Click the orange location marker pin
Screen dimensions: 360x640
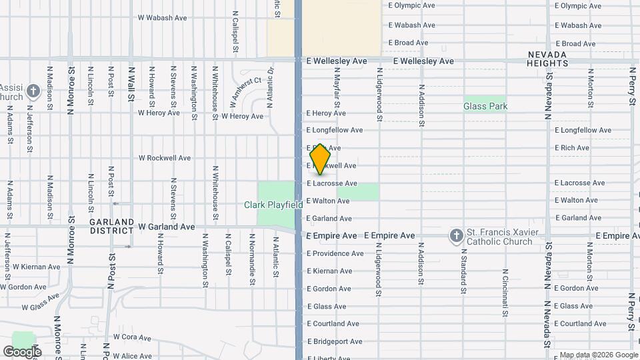pos(321,159)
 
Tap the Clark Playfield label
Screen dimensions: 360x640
pos(273,205)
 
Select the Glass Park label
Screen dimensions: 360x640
pos(485,106)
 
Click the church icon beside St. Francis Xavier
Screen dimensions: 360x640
pos(456,235)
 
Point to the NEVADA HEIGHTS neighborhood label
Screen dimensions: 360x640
pos(548,59)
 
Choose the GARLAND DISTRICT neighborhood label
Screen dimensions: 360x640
pos(113,226)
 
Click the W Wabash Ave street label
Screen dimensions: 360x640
pos(161,18)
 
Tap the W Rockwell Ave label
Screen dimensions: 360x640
pos(164,158)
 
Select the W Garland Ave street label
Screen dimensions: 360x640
pos(167,227)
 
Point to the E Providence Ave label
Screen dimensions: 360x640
pos(335,253)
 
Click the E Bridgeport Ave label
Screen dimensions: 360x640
pos(334,341)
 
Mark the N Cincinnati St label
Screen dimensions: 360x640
pos(505,281)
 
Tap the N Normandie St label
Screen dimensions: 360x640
pos(252,258)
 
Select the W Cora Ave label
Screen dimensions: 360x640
pos(132,337)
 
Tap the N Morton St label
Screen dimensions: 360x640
pos(590,90)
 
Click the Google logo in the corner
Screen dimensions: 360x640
pos(22,351)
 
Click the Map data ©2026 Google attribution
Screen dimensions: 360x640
pos(599,355)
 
